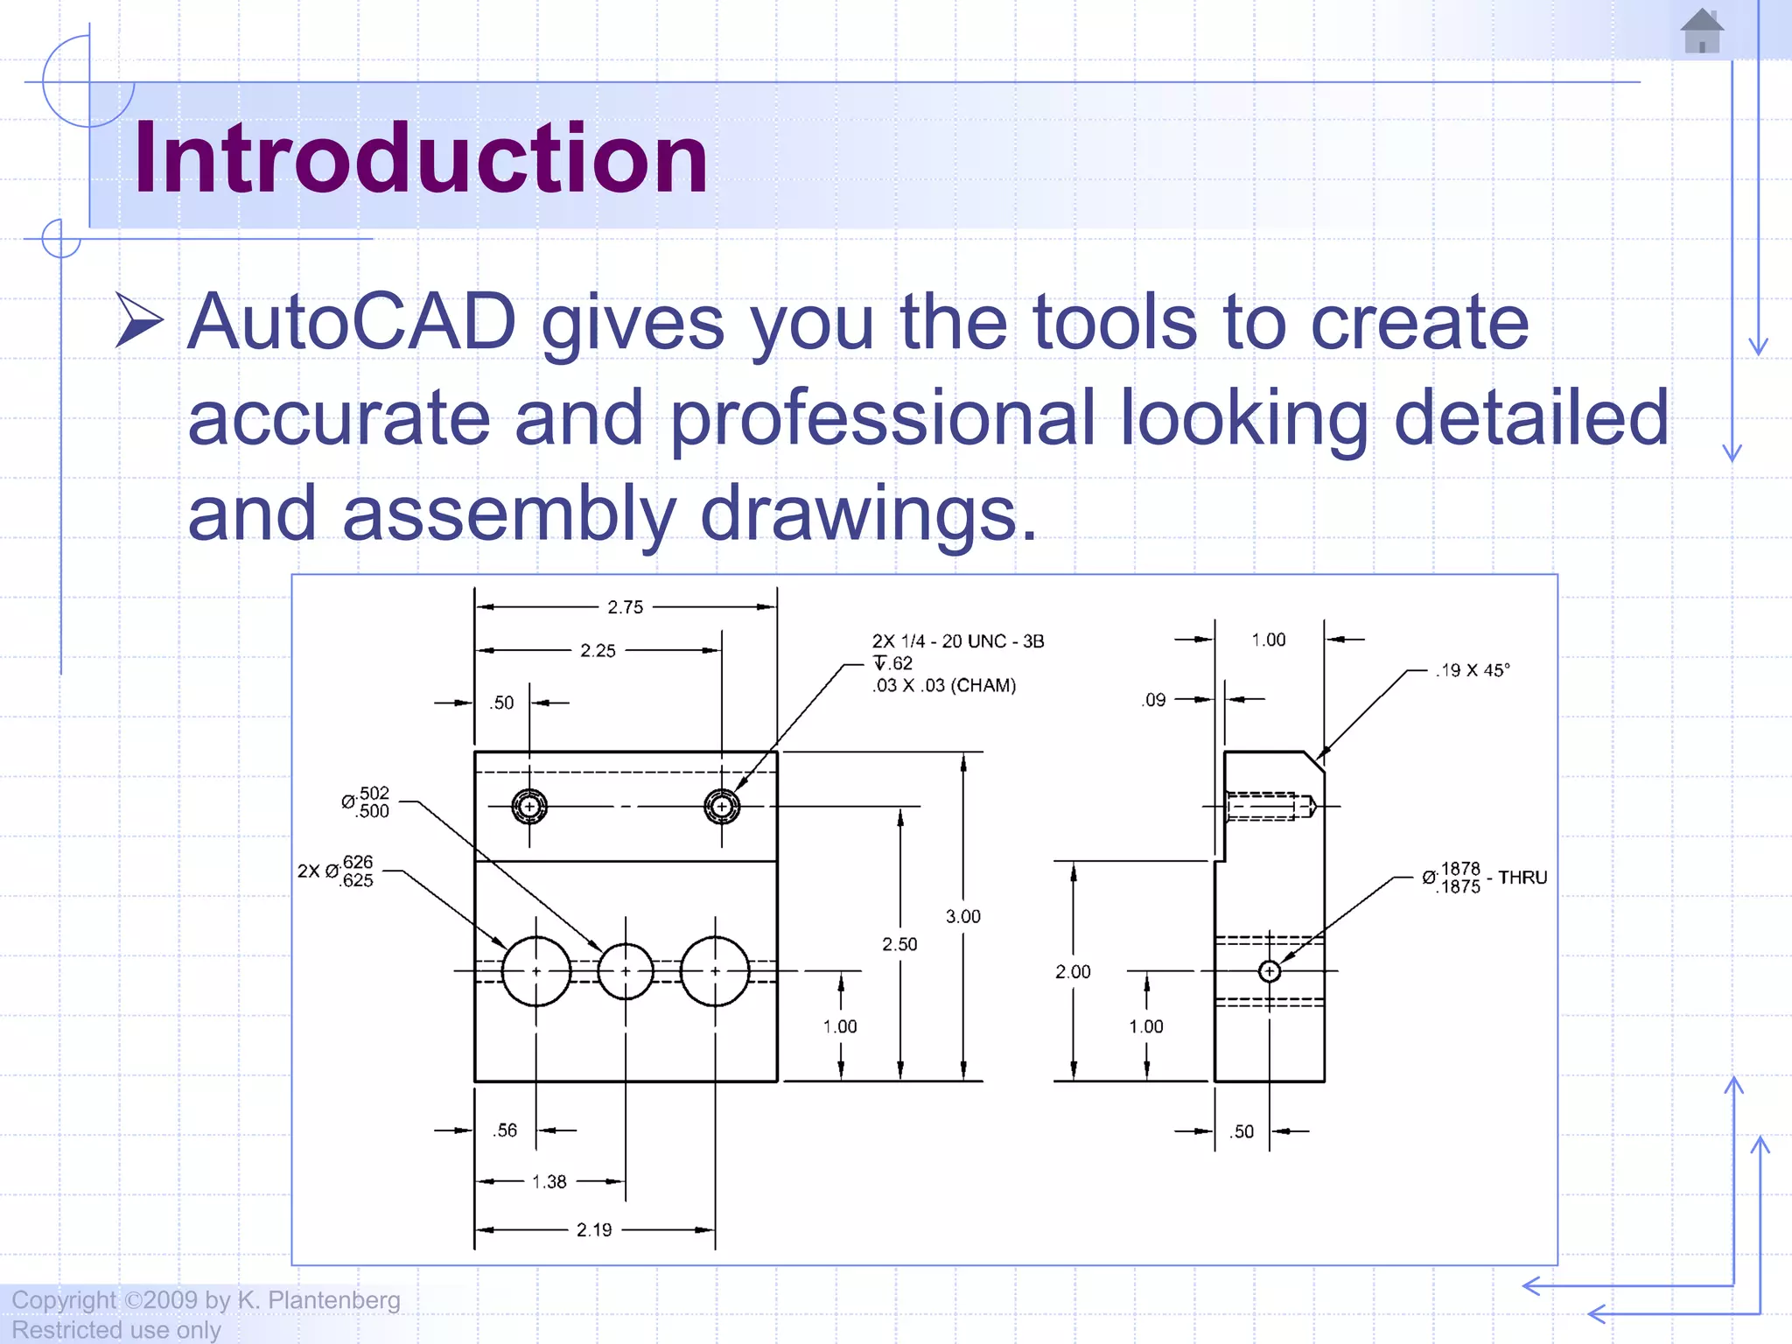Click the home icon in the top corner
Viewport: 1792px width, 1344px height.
coord(1702,31)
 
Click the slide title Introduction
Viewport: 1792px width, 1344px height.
coord(420,158)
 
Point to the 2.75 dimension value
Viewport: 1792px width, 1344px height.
coord(625,607)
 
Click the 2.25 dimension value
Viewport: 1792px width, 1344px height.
coord(598,651)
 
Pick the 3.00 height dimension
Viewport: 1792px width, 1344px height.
coord(962,917)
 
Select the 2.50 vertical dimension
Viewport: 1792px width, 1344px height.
coord(899,944)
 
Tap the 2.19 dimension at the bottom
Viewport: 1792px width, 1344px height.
coord(594,1230)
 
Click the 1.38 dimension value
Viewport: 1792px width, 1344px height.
coord(549,1182)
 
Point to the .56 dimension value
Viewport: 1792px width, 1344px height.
coord(505,1130)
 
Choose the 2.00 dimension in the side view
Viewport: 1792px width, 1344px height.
coord(1073,972)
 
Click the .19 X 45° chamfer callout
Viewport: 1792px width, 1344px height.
coord(1472,671)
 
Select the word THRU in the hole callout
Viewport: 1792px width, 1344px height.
coord(1522,878)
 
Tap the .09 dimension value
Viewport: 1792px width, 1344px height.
coord(1154,700)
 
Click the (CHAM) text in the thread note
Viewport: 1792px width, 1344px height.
coord(983,686)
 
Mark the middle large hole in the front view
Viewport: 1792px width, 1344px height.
coord(626,971)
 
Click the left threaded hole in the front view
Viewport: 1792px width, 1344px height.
coord(529,807)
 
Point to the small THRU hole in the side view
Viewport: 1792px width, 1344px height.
coord(1269,971)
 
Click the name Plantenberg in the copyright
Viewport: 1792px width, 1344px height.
coord(333,1300)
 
